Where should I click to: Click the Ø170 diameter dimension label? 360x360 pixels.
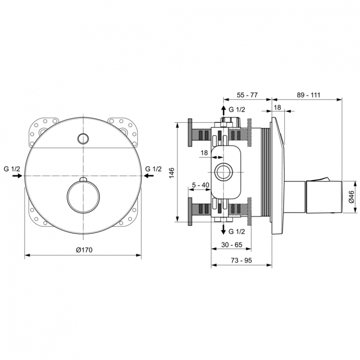83,250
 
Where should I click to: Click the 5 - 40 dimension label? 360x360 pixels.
200,184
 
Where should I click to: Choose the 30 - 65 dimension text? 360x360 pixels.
232,245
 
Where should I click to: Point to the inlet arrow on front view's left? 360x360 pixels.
17,177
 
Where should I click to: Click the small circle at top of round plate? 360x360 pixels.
83,139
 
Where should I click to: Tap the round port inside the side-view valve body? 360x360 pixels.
223,172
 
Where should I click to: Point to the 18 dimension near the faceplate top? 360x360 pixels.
277,107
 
